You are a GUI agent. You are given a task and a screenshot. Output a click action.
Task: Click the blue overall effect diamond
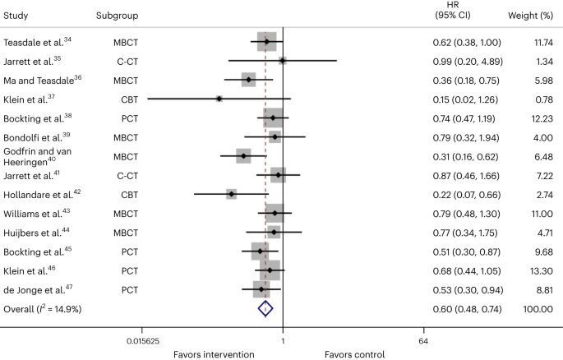click(x=265, y=308)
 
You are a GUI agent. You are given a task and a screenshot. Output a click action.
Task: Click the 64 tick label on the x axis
click(x=424, y=341)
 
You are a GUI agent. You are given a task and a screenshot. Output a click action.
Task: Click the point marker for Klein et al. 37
click(x=219, y=99)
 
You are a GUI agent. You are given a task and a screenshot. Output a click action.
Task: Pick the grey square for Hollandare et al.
click(x=232, y=194)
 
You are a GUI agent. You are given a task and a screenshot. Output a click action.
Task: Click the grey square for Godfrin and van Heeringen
click(x=243, y=156)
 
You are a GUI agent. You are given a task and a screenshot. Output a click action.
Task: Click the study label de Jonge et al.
click(x=35, y=289)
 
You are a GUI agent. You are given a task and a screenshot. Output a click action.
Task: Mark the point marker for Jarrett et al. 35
click(x=282, y=60)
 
